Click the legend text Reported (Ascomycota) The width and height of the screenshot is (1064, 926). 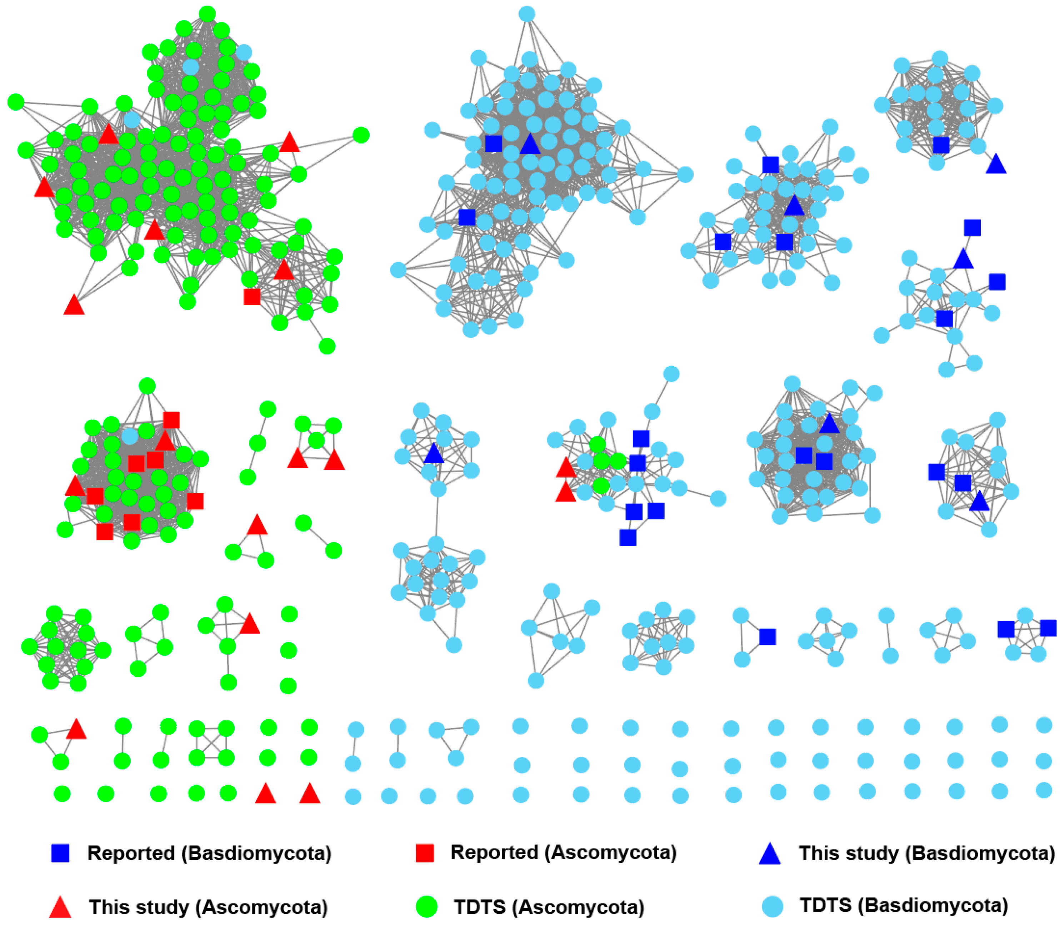pyautogui.click(x=564, y=852)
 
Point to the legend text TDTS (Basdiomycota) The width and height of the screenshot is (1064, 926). pyautogui.click(x=904, y=905)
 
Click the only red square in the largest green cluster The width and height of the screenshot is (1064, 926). pyautogui.click(x=252, y=297)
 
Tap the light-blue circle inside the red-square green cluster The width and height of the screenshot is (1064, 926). pyautogui.click(x=130, y=436)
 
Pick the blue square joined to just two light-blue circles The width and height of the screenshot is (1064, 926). pyautogui.click(x=767, y=636)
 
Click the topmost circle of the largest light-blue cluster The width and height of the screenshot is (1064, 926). pyautogui.click(x=526, y=14)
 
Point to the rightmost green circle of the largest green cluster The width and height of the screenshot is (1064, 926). pyautogui.click(x=361, y=135)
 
